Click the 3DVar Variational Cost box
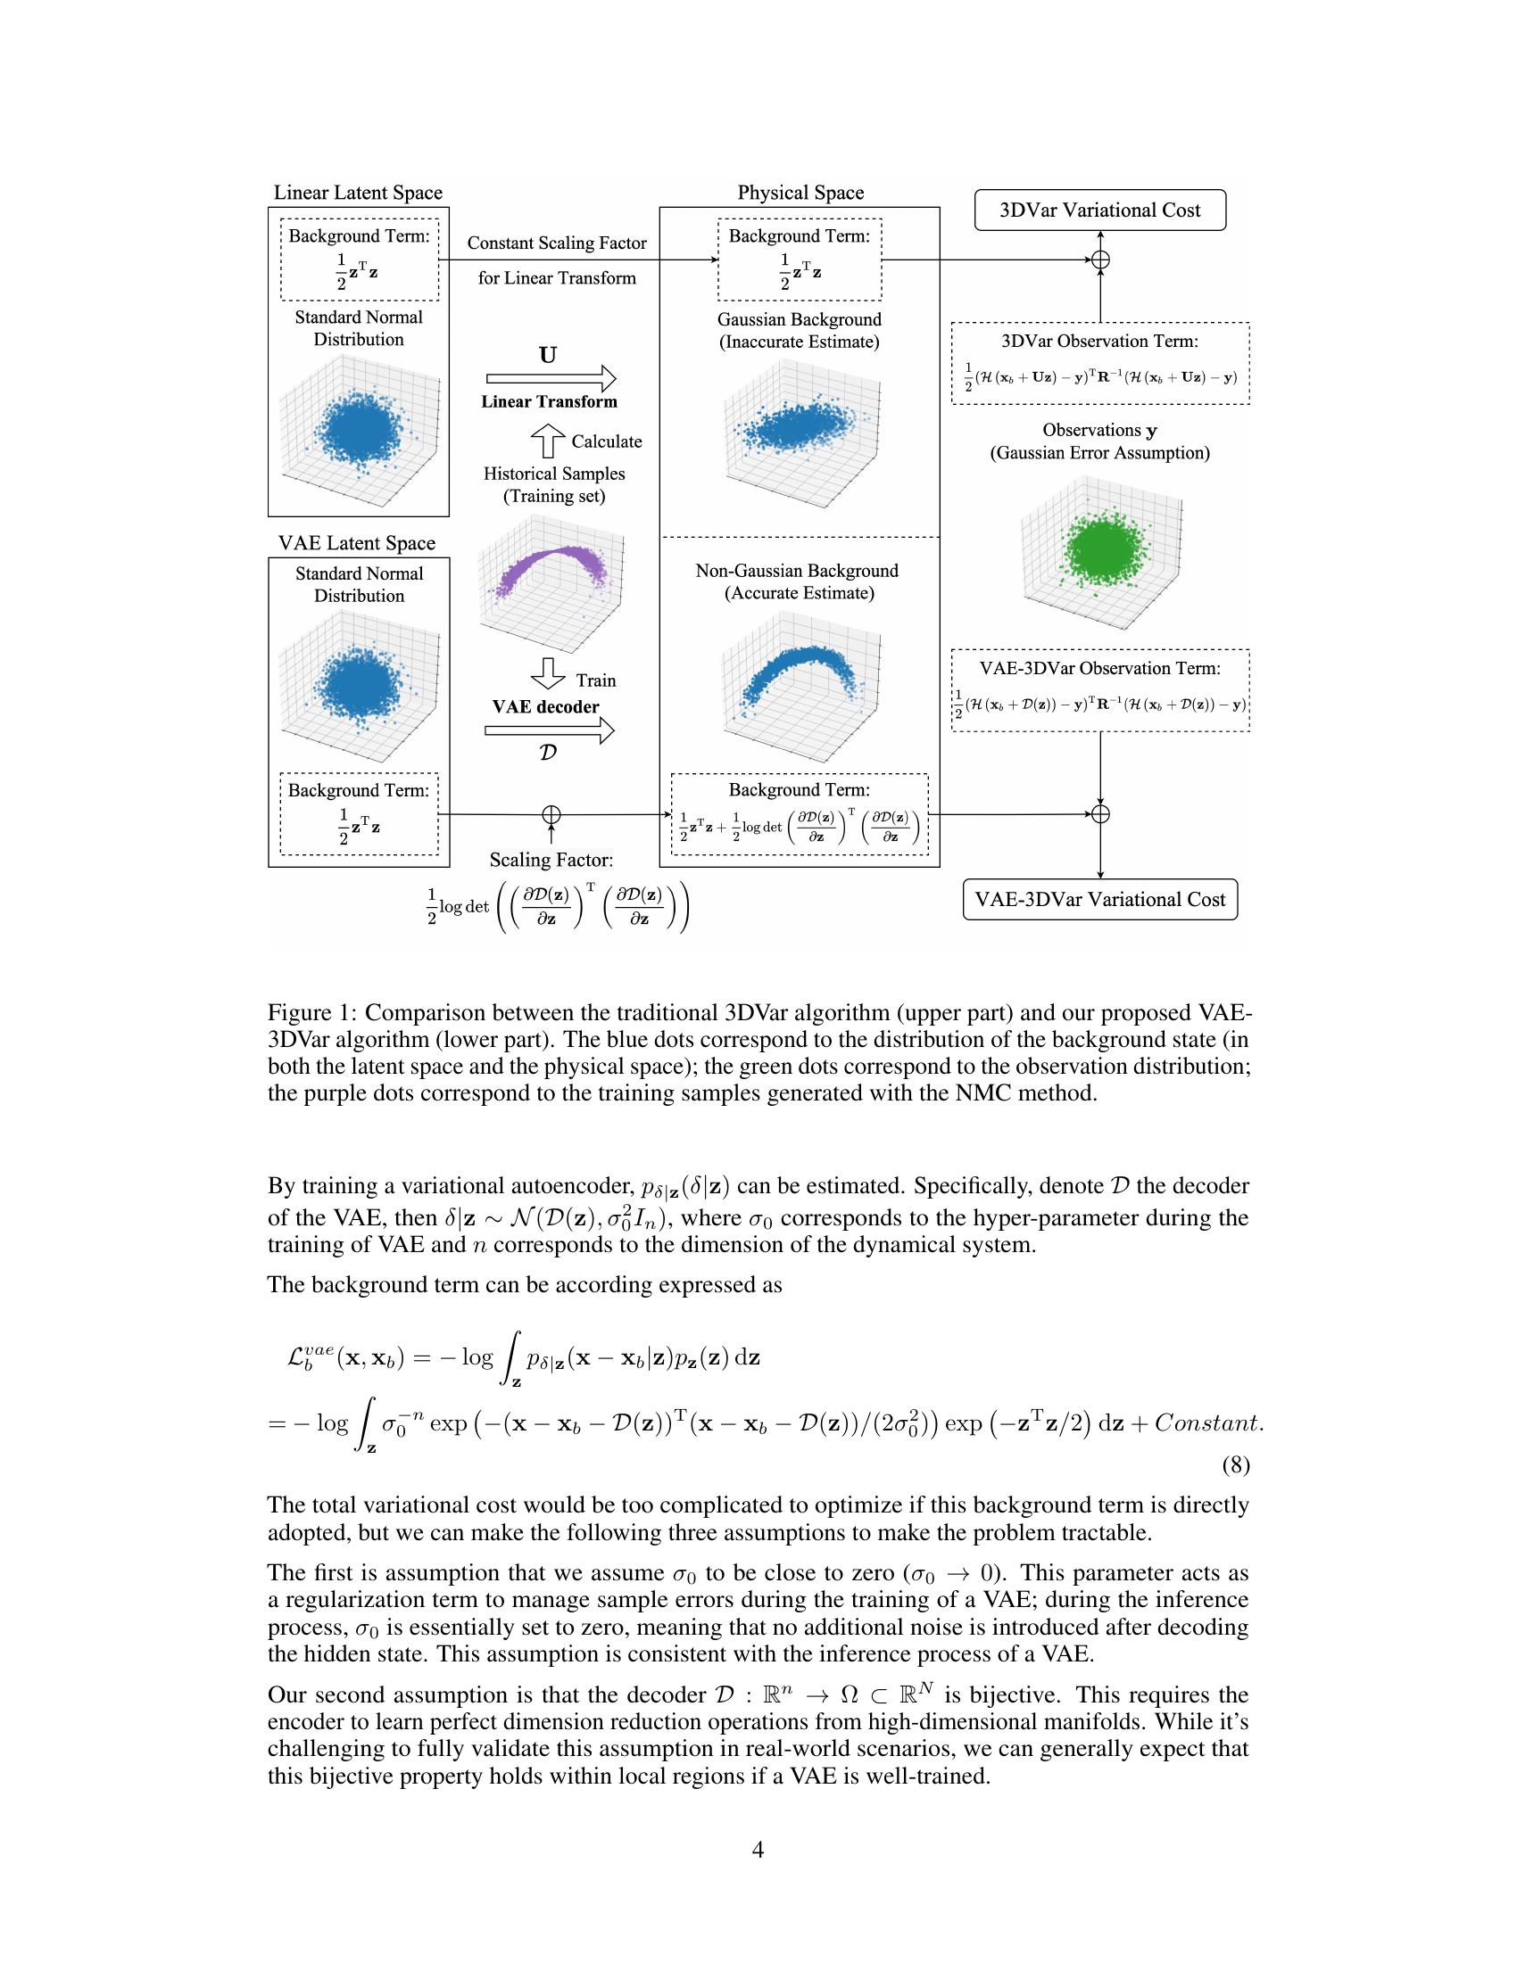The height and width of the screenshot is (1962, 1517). [1099, 210]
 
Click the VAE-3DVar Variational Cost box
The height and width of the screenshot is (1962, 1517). [1099, 899]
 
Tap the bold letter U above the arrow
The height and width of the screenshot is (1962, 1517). [547, 355]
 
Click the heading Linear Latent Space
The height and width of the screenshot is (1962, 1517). [358, 193]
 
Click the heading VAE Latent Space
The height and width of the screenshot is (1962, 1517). [357, 542]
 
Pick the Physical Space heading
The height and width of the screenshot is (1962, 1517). [800, 193]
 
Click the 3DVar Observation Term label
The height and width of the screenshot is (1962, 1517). [1099, 342]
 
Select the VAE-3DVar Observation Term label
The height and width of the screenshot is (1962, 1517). [1099, 668]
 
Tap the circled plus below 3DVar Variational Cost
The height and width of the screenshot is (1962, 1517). [1100, 260]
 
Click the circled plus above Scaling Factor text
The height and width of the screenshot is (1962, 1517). [551, 814]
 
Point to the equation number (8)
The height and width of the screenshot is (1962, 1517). [1236, 1465]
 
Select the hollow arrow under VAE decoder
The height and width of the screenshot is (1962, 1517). [549, 730]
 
